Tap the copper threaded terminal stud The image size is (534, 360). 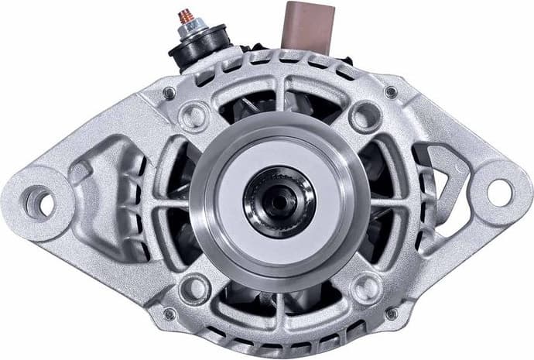pos(187,16)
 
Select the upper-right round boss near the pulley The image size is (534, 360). pos(363,117)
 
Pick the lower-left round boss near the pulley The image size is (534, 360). pos(193,289)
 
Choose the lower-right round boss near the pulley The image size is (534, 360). pos(364,289)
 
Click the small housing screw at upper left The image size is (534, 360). pos(169,93)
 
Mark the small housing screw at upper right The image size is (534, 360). pos(391,92)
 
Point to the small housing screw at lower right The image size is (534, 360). pos(391,314)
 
